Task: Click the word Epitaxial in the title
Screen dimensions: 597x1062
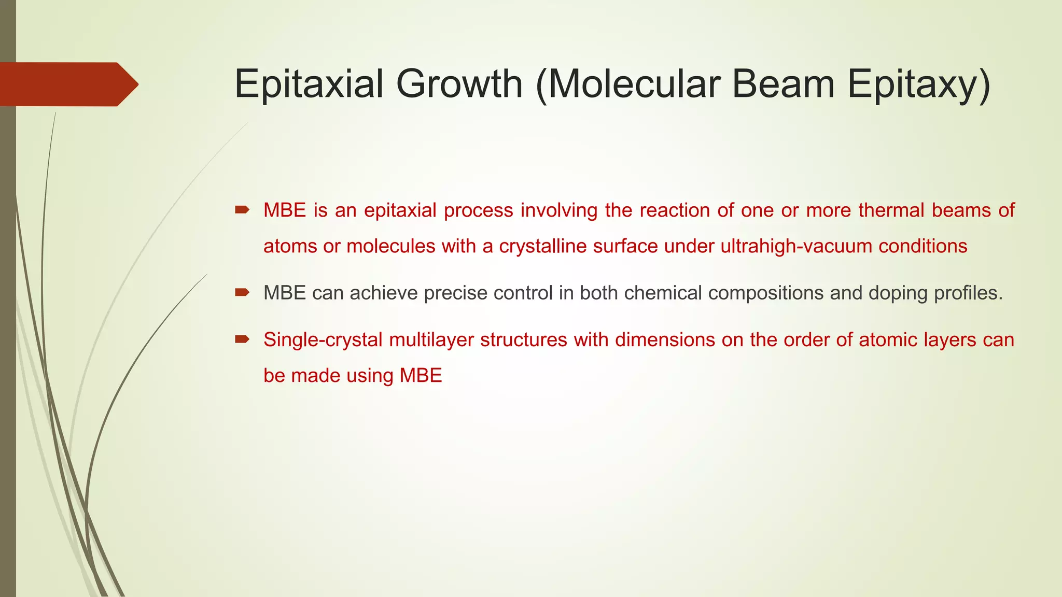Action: tap(309, 84)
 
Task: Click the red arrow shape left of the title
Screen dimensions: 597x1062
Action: tap(67, 84)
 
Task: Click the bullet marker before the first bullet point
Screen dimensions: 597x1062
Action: tap(242, 210)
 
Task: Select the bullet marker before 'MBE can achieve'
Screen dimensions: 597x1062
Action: tap(242, 293)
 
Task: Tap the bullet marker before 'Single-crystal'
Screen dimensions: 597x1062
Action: tap(242, 339)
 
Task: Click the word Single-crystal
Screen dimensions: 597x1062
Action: tap(323, 340)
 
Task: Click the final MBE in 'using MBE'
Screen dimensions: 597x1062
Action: tap(421, 376)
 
